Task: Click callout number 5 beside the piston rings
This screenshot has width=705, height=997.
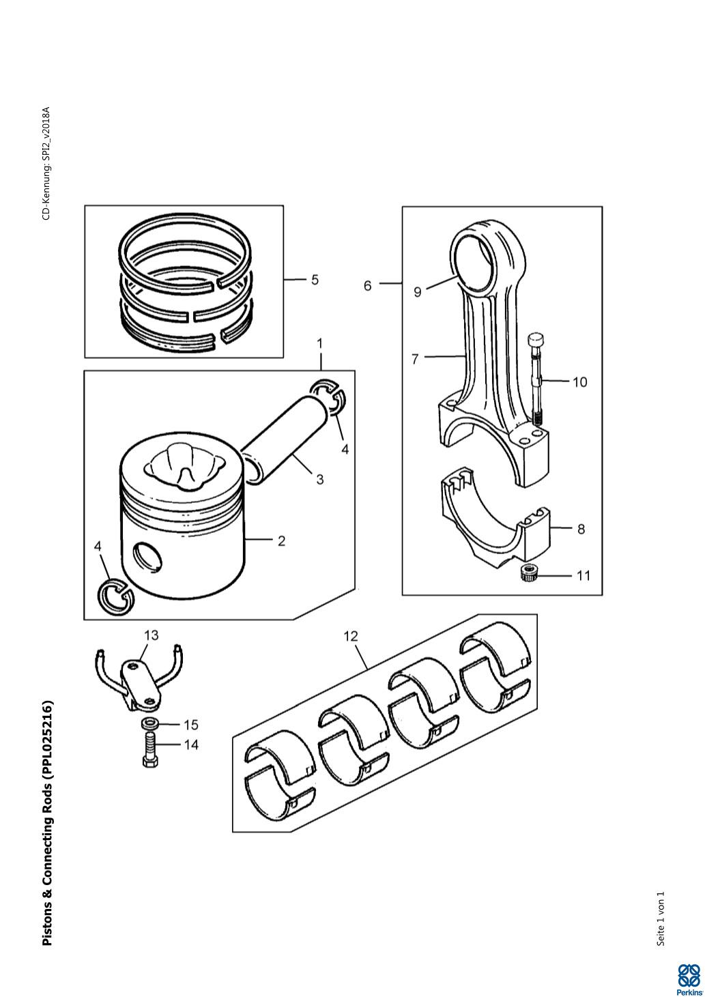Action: pos(315,280)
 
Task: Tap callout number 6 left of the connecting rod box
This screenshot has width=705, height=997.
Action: pos(367,286)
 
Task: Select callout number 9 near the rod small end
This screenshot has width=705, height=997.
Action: pos(417,292)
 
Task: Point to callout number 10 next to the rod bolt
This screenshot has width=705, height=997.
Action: pos(579,382)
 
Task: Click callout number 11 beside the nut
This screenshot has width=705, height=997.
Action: pos(583,576)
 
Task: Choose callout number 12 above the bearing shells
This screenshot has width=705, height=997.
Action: pos(351,637)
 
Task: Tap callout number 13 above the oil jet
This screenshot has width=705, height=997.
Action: pos(152,635)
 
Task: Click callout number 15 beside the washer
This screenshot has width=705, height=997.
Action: pos(191,725)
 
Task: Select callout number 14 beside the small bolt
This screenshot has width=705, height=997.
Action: pos(191,745)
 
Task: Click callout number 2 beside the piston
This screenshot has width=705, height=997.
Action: pos(281,541)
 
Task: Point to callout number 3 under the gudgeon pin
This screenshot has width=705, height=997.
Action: pos(319,480)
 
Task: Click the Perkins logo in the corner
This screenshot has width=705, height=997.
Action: pos(689,980)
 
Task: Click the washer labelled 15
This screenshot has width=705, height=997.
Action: pos(149,724)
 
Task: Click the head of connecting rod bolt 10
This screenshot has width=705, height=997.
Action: pos(534,341)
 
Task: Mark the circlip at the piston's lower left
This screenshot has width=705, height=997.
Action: pos(115,597)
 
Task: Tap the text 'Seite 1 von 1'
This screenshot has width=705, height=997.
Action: pos(661,919)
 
